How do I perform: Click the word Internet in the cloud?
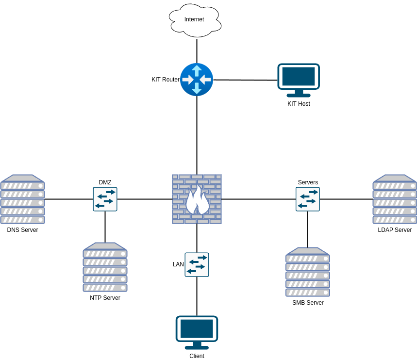point(194,19)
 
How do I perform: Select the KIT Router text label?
point(166,80)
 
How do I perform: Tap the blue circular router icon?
point(197,80)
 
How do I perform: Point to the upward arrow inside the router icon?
point(197,70)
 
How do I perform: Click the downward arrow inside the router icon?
point(197,89)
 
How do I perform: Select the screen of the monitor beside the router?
point(299,76)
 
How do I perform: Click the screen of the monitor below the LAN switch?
point(197,328)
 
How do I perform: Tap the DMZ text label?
point(105,182)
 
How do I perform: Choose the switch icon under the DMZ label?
point(105,199)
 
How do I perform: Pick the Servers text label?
point(308,182)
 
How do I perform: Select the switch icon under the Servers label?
point(308,199)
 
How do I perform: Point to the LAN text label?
point(178,264)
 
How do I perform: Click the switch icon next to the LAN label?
point(197,265)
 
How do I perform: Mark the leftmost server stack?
point(23,199)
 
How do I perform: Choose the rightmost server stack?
point(395,199)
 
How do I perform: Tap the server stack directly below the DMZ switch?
point(105,267)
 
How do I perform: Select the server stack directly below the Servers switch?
point(308,272)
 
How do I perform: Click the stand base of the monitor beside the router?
point(299,96)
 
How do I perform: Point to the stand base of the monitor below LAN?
point(197,348)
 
